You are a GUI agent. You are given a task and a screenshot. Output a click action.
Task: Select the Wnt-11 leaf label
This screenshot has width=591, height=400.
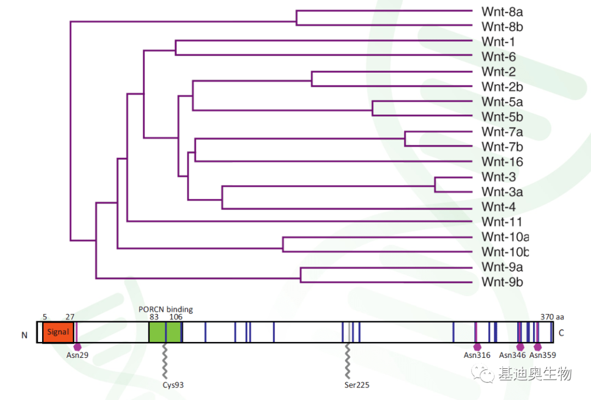coord(502,222)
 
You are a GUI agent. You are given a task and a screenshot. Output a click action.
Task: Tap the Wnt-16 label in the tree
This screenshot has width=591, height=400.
coord(502,162)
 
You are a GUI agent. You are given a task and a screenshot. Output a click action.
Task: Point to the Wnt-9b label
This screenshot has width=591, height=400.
coord(502,282)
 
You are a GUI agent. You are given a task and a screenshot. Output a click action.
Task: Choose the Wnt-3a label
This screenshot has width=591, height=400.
coord(502,192)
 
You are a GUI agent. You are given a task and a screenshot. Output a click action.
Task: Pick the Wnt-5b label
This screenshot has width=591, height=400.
coord(502,117)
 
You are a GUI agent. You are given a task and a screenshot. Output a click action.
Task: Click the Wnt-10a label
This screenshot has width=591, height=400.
coord(505,237)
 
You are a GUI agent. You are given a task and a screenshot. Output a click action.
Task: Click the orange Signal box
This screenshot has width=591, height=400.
coord(58,332)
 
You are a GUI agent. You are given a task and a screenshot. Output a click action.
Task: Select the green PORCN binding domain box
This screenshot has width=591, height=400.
coord(165,332)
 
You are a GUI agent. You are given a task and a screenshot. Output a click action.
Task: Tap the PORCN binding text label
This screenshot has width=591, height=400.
coord(166,310)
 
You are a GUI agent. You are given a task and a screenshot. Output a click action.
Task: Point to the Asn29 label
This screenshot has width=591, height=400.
coord(78,355)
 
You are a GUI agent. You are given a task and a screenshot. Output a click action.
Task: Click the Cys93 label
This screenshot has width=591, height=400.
coord(173,385)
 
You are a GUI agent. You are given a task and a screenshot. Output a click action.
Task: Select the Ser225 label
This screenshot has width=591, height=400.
coord(357,385)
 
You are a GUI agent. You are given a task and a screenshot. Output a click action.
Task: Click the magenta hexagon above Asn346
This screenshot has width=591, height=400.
coord(520,346)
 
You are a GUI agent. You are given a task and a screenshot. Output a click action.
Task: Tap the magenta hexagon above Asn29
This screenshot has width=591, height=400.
coord(77,346)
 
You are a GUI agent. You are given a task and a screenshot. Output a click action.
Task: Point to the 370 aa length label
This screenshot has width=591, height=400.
coord(552,316)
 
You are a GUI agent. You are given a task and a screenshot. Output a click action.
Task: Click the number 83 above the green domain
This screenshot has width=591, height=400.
coord(155,316)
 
